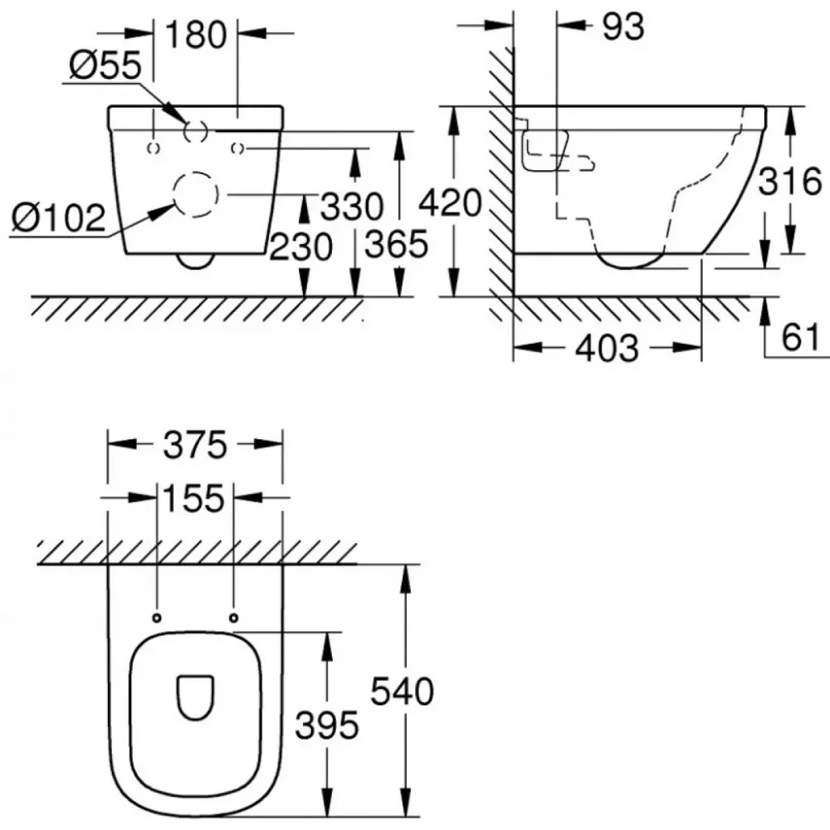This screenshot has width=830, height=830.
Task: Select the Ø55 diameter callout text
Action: (x=105, y=65)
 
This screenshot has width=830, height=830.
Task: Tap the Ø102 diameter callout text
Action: (x=59, y=217)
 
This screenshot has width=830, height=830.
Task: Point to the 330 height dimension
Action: (x=352, y=207)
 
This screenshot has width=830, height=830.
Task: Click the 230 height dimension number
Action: (x=301, y=247)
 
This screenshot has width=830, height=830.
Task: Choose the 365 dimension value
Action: (x=397, y=244)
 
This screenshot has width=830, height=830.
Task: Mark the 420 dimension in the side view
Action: (x=451, y=203)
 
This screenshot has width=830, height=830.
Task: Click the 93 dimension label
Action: (x=623, y=27)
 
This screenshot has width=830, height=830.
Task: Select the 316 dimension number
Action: (x=790, y=181)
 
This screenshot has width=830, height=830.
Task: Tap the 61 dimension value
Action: (x=801, y=337)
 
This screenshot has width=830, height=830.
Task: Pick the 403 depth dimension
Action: (x=608, y=349)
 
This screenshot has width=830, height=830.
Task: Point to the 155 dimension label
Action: (x=193, y=498)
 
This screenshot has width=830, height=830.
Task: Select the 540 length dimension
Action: (x=403, y=691)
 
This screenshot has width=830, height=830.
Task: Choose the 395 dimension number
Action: (x=326, y=725)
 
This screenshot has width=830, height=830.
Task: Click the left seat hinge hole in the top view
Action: (x=157, y=618)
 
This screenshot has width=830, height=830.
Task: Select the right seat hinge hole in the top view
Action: (x=233, y=618)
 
